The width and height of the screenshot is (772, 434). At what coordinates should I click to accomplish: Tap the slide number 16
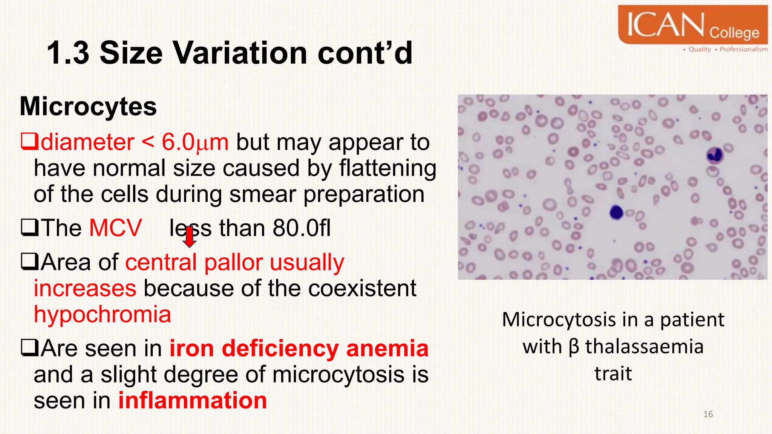(x=708, y=414)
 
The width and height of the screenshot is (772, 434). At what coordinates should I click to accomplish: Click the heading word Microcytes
(x=88, y=106)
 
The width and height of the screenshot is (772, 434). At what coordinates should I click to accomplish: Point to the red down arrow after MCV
(x=189, y=237)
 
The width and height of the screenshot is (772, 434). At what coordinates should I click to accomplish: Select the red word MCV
(x=115, y=228)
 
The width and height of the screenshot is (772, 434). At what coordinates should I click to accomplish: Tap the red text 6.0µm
(x=195, y=142)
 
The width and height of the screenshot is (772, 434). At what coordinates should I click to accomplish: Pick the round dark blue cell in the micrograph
(x=616, y=212)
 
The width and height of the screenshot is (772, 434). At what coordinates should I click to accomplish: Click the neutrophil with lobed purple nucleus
(x=714, y=155)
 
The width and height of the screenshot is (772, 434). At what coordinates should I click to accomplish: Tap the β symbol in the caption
(x=573, y=347)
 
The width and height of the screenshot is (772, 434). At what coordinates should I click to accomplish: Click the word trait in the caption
(x=613, y=374)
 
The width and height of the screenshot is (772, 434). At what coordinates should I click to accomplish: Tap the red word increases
(x=85, y=289)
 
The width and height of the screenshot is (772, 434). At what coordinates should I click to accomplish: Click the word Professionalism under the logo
(x=743, y=49)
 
